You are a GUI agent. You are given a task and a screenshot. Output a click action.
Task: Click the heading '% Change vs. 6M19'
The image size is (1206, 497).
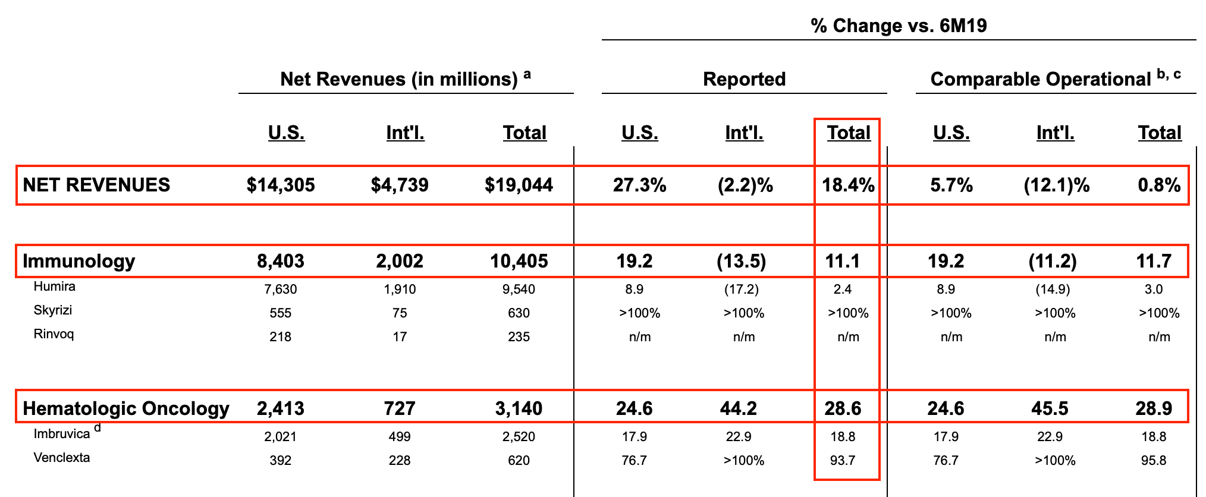click(x=899, y=26)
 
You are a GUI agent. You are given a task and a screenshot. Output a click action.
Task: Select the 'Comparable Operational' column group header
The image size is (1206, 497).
click(x=1041, y=79)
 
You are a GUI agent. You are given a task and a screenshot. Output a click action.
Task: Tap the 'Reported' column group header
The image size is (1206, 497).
click(x=744, y=79)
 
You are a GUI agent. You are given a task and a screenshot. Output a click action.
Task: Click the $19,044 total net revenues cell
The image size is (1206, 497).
click(x=519, y=185)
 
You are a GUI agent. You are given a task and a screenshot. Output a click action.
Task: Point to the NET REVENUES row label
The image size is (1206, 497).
click(x=96, y=185)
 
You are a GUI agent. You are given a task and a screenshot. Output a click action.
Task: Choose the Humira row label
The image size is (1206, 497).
click(x=55, y=287)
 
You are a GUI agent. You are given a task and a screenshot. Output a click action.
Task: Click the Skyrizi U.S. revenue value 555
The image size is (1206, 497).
click(x=280, y=313)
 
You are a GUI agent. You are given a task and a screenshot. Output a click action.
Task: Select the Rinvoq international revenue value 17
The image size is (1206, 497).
click(x=400, y=336)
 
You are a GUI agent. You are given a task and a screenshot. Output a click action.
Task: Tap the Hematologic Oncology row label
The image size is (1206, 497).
click(x=126, y=408)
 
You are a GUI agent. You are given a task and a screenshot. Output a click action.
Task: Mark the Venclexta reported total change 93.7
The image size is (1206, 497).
click(x=843, y=460)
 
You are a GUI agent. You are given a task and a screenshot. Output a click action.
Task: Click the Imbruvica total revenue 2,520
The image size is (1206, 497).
click(x=519, y=436)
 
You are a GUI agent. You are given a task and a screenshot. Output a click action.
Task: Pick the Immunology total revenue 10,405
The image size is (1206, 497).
click(x=519, y=261)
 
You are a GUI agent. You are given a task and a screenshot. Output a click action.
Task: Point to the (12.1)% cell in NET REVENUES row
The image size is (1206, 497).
click(x=1056, y=185)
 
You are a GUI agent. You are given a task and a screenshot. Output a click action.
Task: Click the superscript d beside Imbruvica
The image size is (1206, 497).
click(x=98, y=427)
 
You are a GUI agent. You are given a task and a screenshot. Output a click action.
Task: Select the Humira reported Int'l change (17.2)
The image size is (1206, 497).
click(x=741, y=289)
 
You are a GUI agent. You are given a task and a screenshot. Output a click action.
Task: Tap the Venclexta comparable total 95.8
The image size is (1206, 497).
click(x=1154, y=460)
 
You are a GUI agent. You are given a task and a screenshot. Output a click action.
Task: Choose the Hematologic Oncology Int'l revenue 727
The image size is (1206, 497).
click(x=400, y=408)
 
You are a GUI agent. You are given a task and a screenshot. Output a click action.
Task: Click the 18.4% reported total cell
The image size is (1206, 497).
click(x=848, y=185)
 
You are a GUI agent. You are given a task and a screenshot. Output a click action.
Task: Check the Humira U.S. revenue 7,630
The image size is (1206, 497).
click(x=280, y=289)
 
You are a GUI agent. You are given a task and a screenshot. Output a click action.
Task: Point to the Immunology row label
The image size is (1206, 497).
click(x=78, y=261)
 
